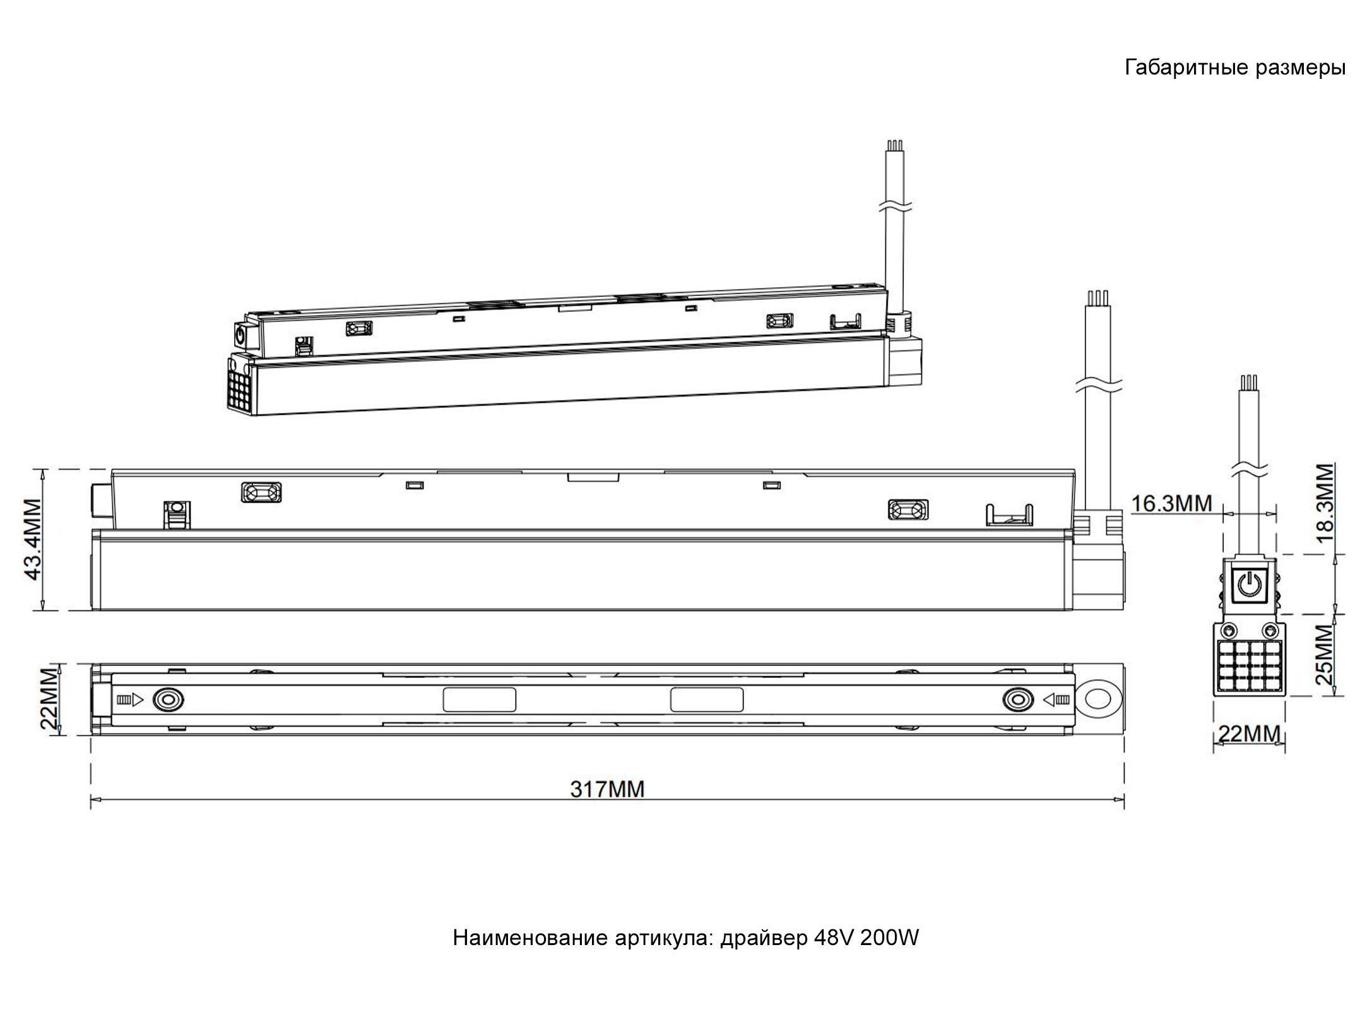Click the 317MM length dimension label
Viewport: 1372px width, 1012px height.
coord(607,789)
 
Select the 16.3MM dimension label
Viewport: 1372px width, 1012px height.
coord(1172,503)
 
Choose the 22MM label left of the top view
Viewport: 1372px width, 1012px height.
coord(50,698)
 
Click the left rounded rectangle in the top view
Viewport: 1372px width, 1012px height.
coord(480,699)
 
